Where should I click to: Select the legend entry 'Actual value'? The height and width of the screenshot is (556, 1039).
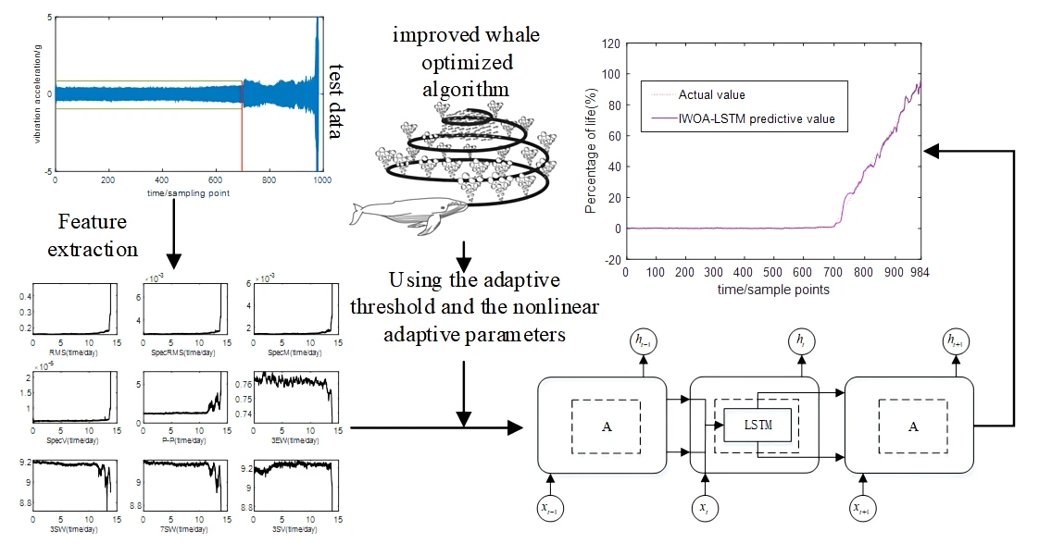[711, 94]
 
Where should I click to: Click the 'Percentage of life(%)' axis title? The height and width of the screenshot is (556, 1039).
[590, 152]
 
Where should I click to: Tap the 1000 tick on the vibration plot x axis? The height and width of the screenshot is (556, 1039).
[320, 182]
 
